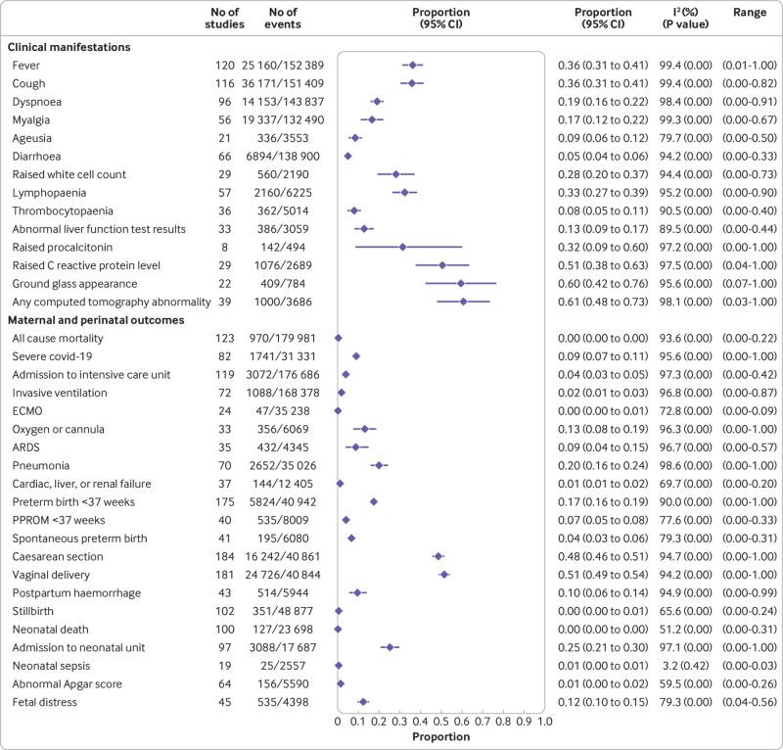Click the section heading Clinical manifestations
(69, 46)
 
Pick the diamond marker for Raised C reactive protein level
(442, 264)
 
